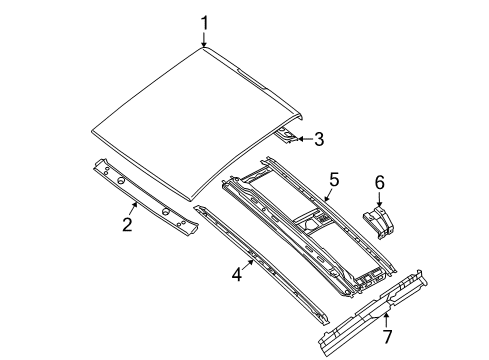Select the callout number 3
[319, 140]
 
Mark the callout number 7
[387, 337]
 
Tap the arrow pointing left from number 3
[301, 139]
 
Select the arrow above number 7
[385, 319]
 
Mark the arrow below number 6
[379, 199]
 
